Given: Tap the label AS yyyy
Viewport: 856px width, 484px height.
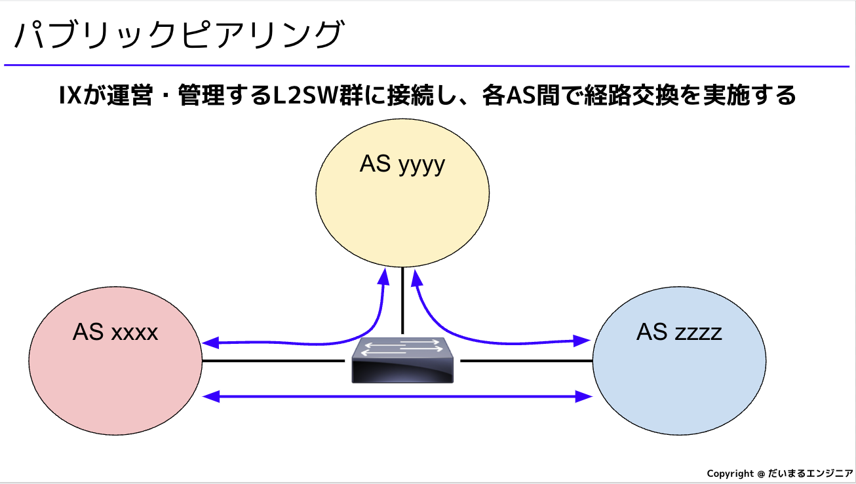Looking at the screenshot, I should coord(402,164).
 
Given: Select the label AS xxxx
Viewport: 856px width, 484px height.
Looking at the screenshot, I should coord(115,333).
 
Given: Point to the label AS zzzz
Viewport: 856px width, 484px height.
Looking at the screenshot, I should coord(679,333).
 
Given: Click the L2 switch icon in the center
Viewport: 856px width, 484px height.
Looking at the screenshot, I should coord(402,362).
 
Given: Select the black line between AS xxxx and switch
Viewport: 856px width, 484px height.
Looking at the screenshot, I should coord(272,361).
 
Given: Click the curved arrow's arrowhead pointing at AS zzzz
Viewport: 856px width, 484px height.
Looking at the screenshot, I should coord(583,341).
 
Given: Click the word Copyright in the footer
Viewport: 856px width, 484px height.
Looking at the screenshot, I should coord(730,474).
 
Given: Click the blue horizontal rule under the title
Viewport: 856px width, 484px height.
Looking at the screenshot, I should coord(426,66).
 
